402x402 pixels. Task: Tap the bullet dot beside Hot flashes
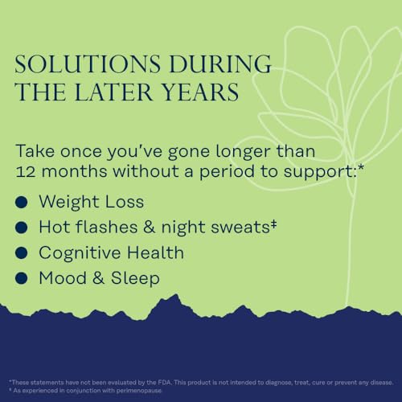coord(23,227)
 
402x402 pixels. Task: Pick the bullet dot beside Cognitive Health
coord(23,253)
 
